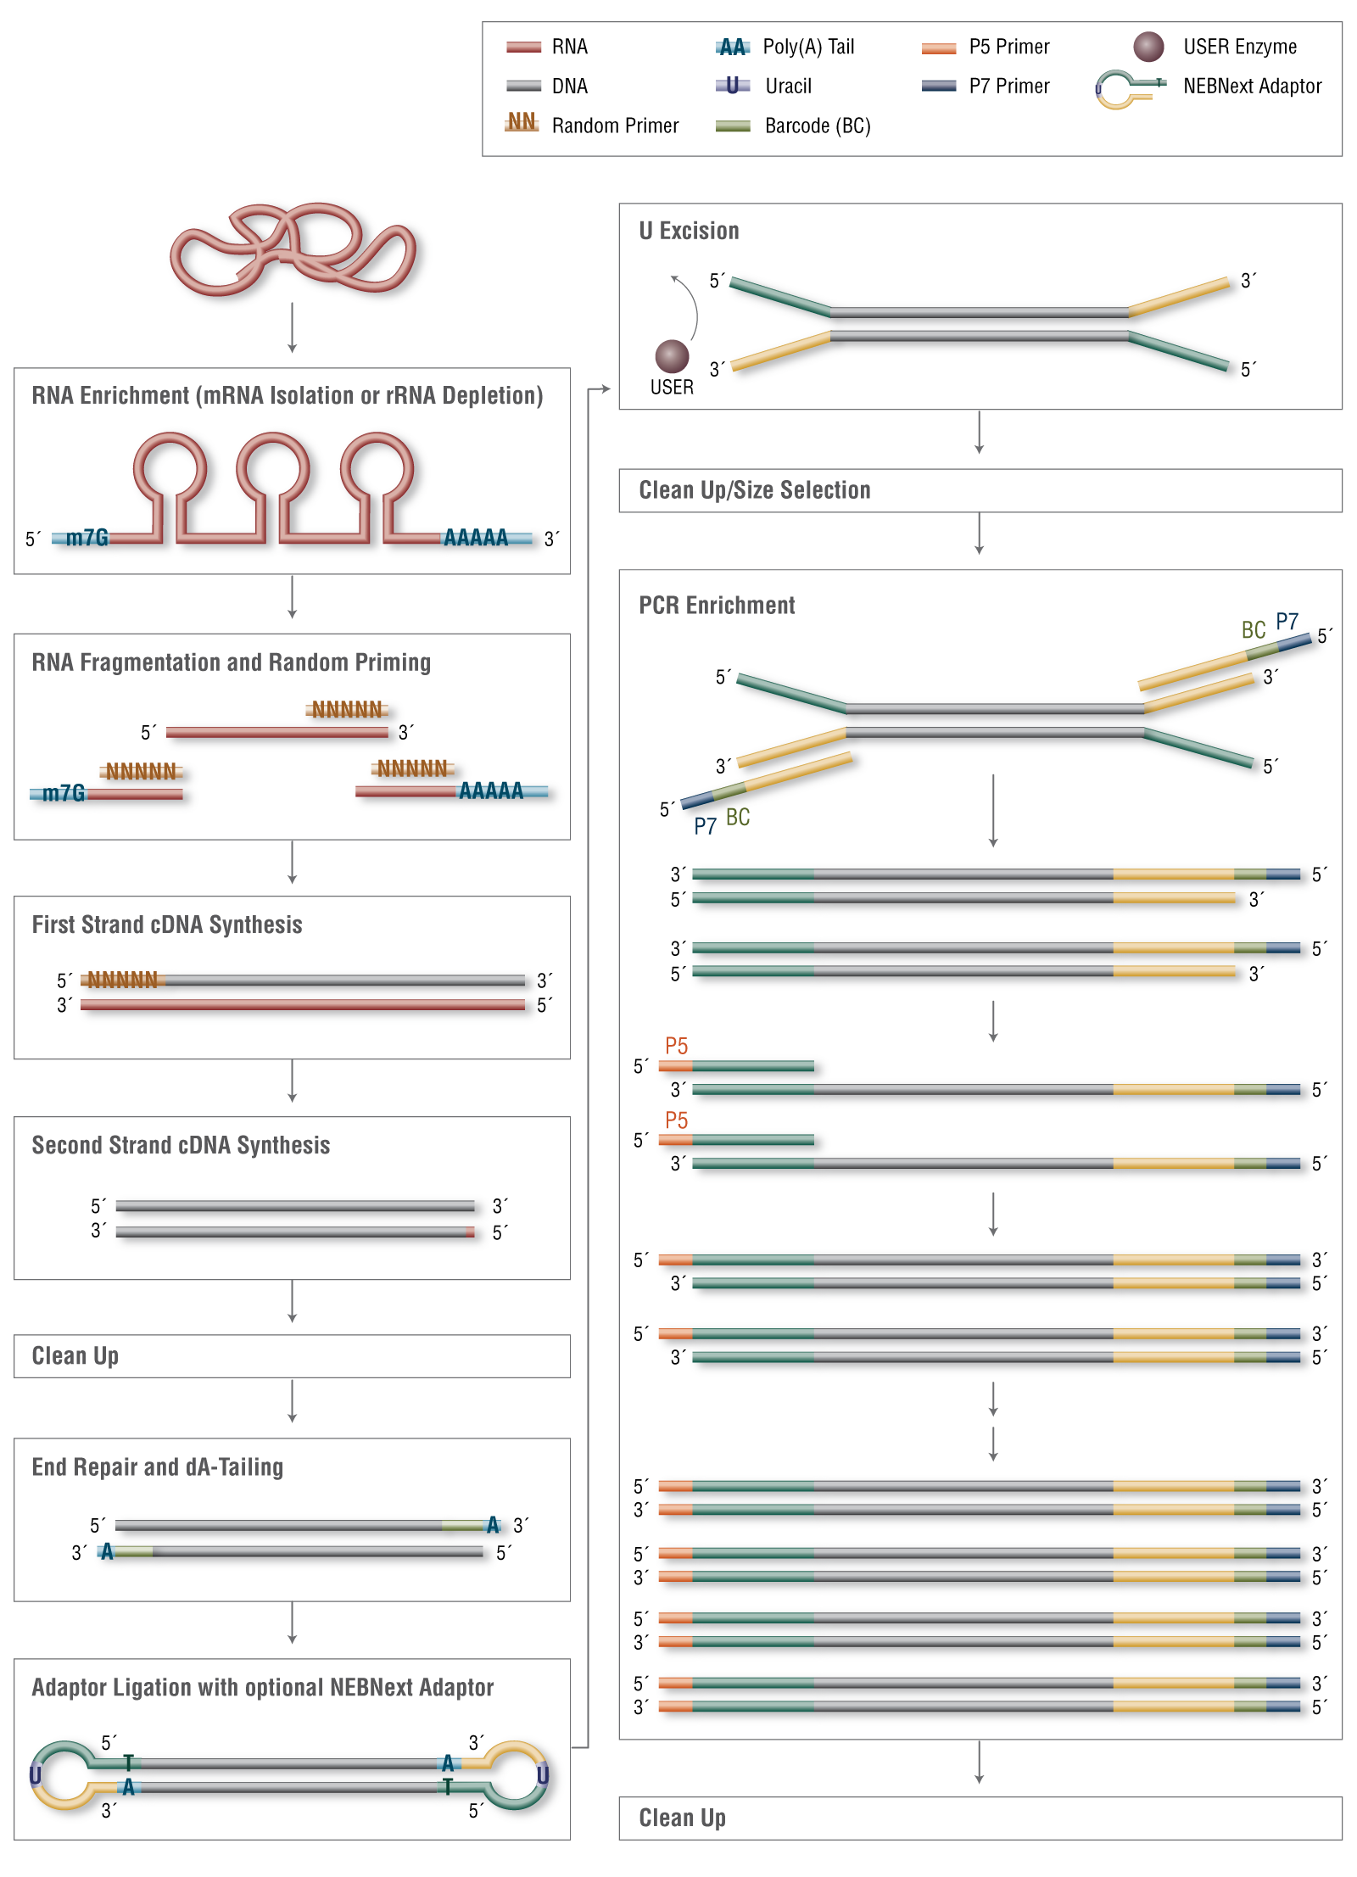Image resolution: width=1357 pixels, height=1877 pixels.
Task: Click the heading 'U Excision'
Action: [x=689, y=231]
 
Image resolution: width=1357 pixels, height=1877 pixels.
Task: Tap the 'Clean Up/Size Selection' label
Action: [x=754, y=490]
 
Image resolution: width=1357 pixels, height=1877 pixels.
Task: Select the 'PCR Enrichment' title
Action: [x=717, y=606]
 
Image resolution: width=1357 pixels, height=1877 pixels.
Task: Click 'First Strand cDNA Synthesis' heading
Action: [x=167, y=925]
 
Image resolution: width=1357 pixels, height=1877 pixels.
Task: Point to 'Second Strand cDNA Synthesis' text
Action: [x=181, y=1145]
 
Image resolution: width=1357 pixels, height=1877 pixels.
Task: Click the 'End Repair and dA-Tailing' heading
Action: [x=158, y=1467]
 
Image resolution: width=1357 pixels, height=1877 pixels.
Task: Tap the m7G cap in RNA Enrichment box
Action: [x=87, y=538]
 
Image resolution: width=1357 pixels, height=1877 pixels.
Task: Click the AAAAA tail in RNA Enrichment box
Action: [x=476, y=538]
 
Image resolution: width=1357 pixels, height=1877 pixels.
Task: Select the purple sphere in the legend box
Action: [x=1148, y=47]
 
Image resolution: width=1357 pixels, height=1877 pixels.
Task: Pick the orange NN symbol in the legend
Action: [x=522, y=122]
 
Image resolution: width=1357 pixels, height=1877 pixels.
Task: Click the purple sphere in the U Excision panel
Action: [x=672, y=356]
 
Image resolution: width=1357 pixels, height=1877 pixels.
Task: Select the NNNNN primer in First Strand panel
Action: [x=123, y=980]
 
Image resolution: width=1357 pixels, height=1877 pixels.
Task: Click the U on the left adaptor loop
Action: [x=36, y=1775]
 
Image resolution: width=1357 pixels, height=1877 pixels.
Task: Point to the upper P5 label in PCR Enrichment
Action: [x=676, y=1045]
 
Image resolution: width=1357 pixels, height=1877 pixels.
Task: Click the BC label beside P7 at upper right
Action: [x=1253, y=629]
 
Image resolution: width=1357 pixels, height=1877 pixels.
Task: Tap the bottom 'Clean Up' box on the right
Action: [x=980, y=1818]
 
